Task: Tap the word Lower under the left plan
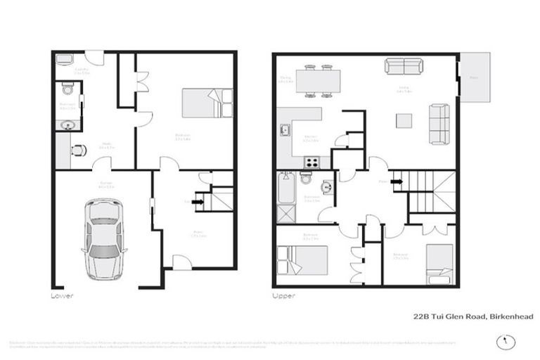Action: (63, 296)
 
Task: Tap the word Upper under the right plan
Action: (283, 296)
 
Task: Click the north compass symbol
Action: (501, 342)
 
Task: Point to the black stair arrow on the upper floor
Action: (397, 181)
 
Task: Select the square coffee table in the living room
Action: (404, 121)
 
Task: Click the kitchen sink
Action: (285, 130)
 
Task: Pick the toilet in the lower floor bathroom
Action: (67, 89)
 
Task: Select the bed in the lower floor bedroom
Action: (206, 103)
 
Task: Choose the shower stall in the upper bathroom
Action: (287, 213)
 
